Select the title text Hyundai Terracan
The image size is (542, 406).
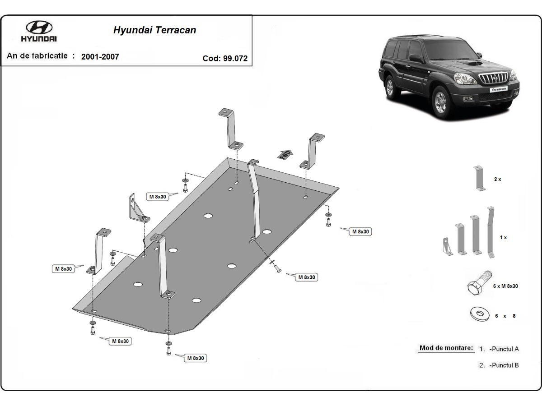pos(154,31)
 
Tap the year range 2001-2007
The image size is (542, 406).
pos(100,57)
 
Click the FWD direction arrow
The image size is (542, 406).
pos(285,154)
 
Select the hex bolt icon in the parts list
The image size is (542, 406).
pos(478,283)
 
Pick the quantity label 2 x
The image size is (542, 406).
pos(497,179)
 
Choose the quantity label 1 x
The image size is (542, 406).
pos(503,237)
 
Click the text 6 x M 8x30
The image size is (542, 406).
pos(505,286)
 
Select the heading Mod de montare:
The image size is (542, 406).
pos(446,348)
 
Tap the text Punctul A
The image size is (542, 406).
pos(504,349)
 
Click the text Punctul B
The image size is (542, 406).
pos(504,365)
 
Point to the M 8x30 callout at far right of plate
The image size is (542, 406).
pos(360,231)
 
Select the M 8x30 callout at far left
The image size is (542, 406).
pos(63,269)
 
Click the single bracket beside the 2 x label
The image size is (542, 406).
pos(478,179)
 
